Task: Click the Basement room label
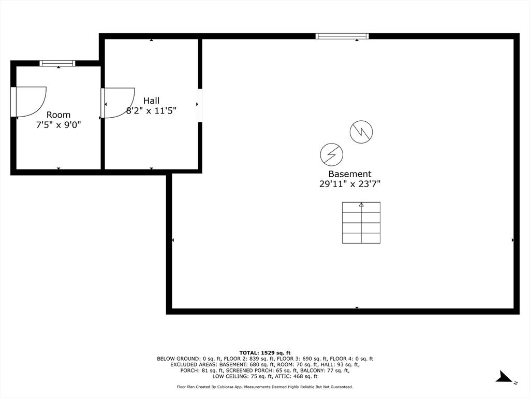350,174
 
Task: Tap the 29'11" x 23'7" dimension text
350,184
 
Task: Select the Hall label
151,101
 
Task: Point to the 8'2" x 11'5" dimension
151,110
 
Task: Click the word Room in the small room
58,115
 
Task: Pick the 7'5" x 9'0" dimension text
58,125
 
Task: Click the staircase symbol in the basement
361,223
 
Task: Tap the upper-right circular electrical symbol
361,132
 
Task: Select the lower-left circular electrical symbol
331,154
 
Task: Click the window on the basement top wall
342,36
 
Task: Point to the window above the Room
57,63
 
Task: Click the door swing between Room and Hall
117,102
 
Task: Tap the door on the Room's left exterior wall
28,102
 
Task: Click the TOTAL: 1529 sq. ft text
264,352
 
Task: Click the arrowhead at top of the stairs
361,205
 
